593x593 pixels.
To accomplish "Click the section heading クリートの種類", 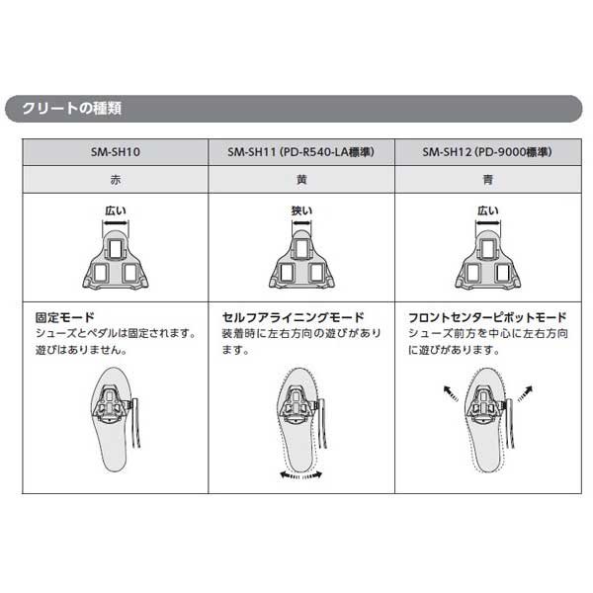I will click(x=71, y=109).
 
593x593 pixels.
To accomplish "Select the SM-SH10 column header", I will click(x=115, y=152).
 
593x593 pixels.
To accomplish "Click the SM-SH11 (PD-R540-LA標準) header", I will click(x=300, y=152).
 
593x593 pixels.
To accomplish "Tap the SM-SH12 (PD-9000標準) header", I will click(x=486, y=152).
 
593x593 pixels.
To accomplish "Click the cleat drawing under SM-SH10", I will click(x=116, y=258).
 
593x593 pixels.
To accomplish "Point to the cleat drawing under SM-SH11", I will click(x=301, y=258).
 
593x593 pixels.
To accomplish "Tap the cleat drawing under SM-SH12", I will click(x=487, y=258).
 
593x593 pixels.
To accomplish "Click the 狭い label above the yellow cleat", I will click(x=301, y=210).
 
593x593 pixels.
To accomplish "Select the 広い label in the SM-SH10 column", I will click(x=116, y=210).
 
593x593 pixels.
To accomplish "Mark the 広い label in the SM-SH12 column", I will click(x=487, y=210).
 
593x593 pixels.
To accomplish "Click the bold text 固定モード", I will click(x=64, y=317).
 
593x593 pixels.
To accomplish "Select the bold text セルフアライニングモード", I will click(x=293, y=317).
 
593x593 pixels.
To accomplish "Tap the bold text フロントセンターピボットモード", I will click(x=487, y=317).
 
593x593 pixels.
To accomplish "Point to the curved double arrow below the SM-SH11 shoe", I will click(x=299, y=476).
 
